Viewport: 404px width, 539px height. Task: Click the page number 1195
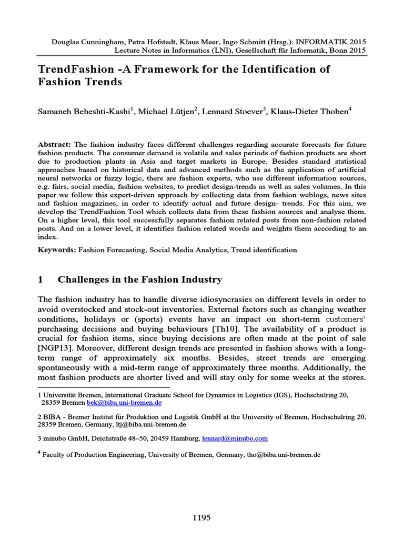pos(202,517)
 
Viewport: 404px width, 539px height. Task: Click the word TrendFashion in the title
pos(72,69)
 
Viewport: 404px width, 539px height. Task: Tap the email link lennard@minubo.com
pos(235,438)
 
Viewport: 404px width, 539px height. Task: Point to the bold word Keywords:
pos(57,250)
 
